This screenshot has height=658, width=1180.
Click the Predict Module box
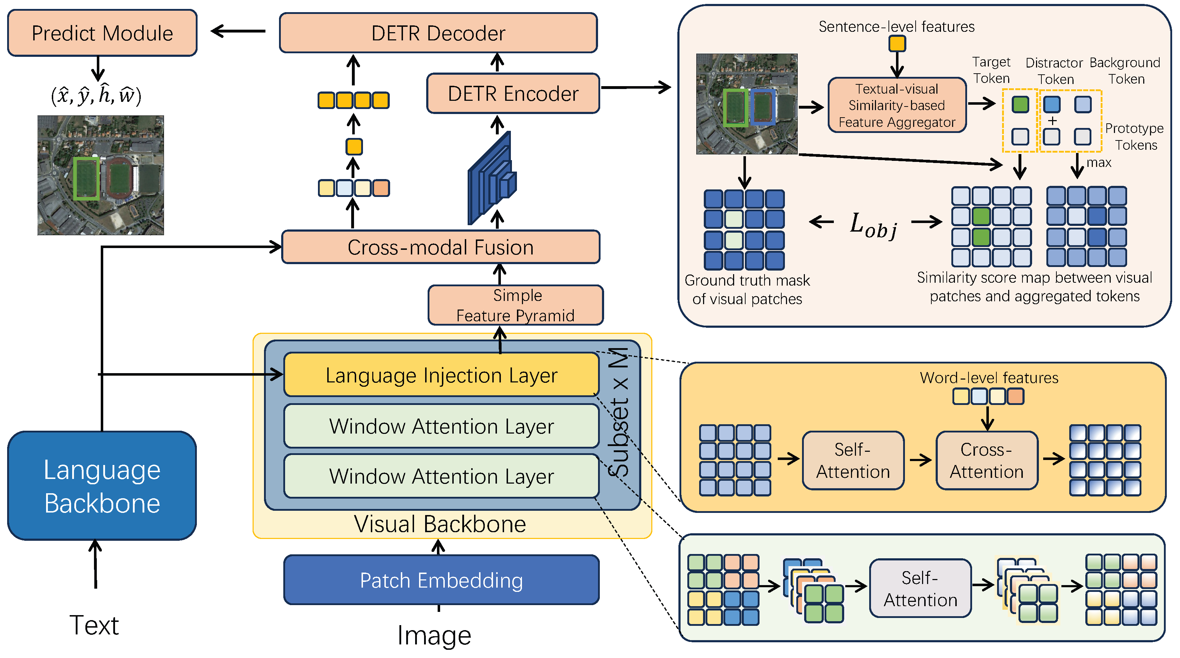[102, 33]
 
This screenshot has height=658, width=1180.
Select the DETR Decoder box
[438, 33]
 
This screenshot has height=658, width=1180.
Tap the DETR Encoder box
[513, 94]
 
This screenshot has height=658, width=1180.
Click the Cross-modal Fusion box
[440, 247]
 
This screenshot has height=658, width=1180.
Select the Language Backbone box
[102, 486]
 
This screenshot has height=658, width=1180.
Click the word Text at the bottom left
[94, 625]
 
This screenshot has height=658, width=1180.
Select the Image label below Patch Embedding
[434, 635]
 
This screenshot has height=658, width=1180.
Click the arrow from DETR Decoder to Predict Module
[238, 31]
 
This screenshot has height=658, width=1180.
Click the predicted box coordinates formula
[96, 95]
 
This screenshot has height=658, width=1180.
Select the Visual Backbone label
[440, 524]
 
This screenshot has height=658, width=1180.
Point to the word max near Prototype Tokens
[1099, 162]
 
